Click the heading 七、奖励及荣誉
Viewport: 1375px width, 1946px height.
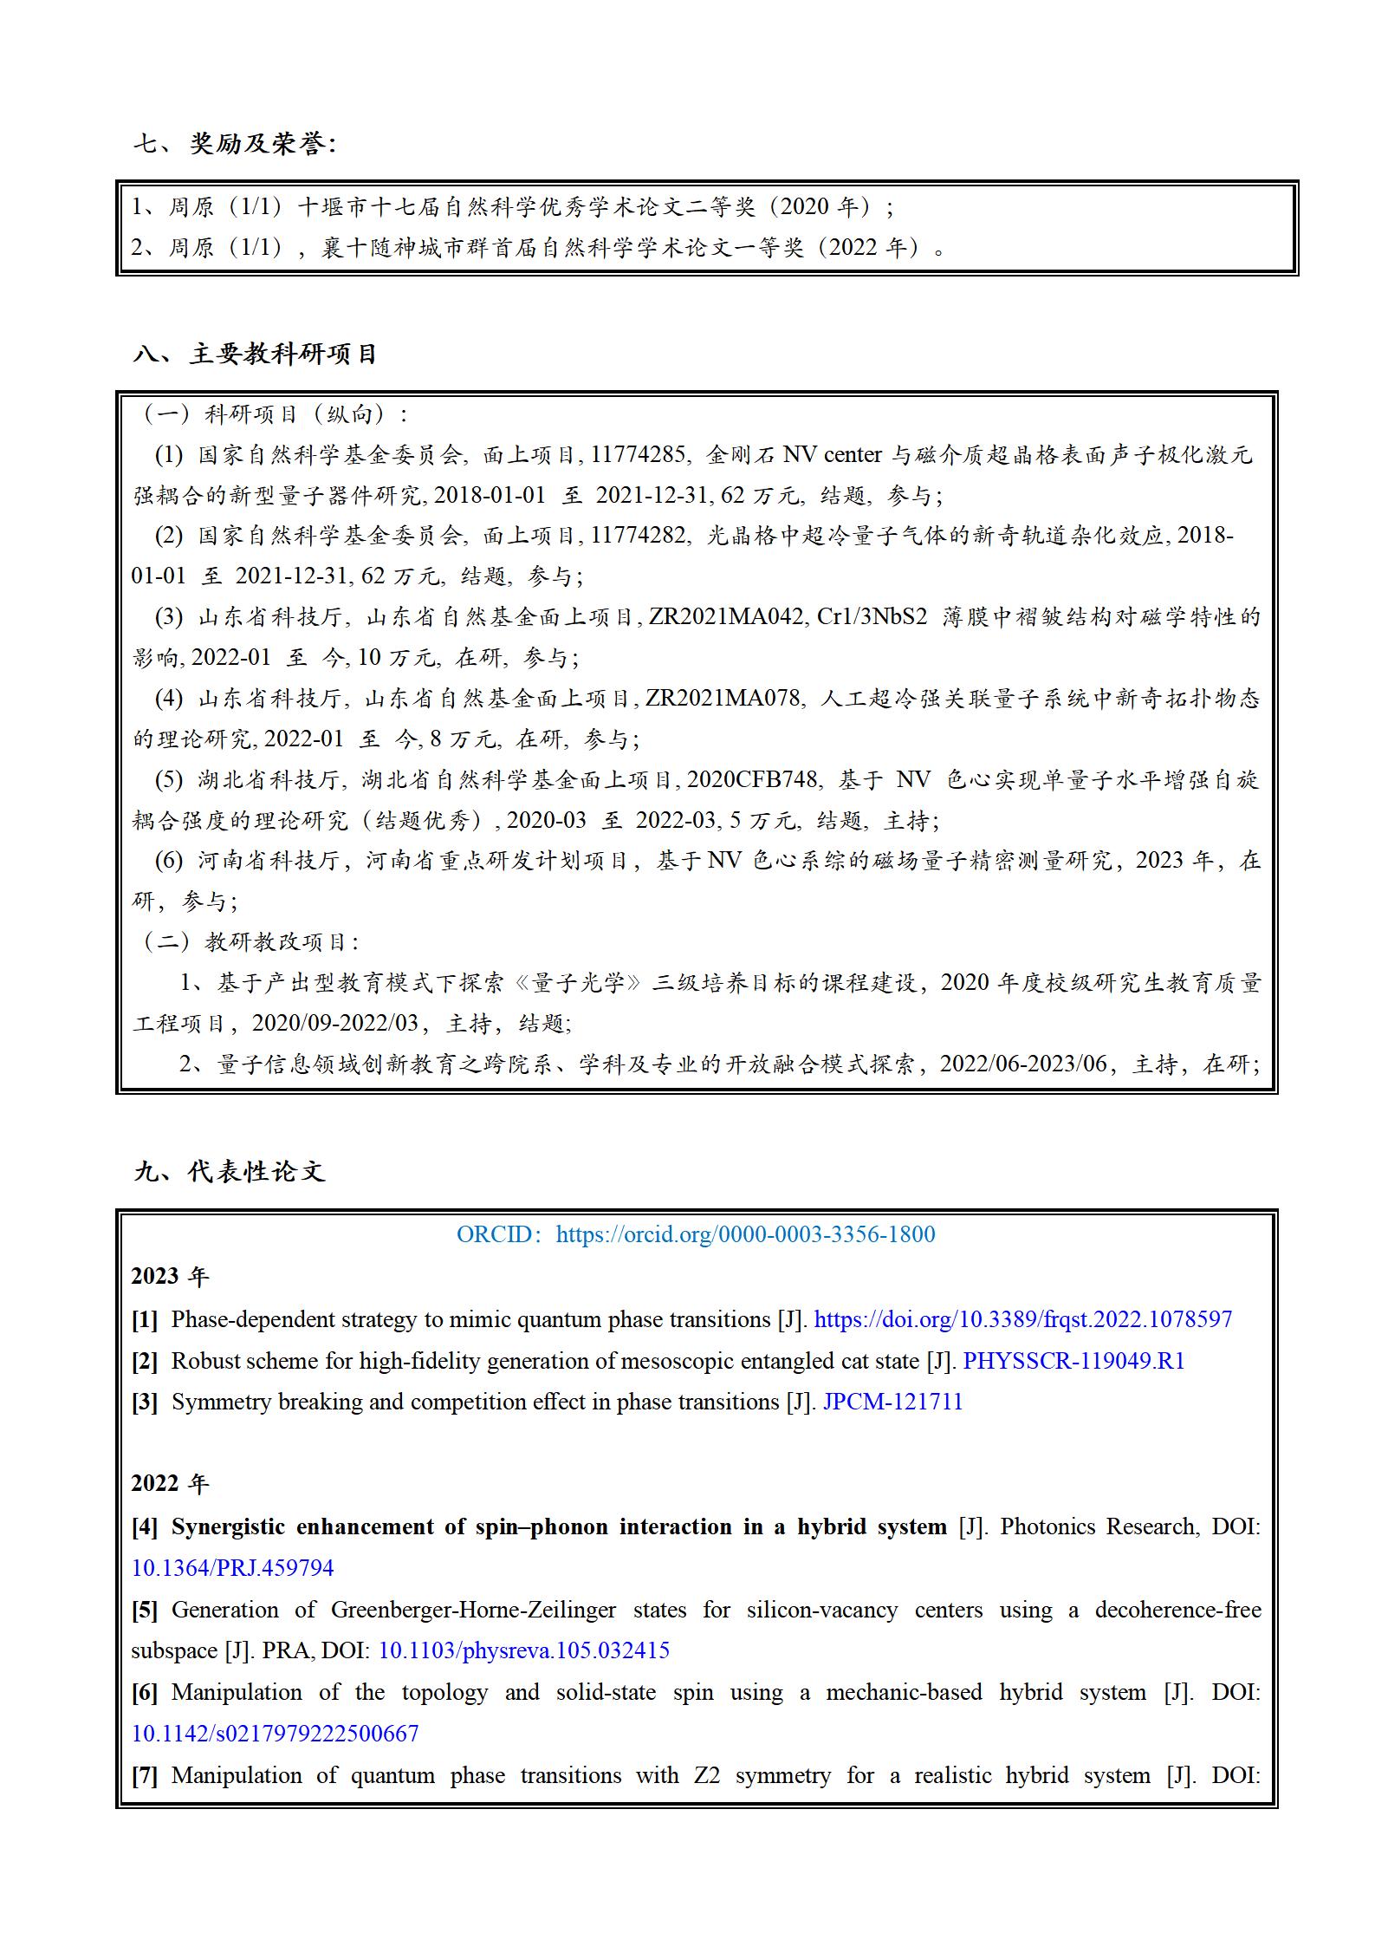234,143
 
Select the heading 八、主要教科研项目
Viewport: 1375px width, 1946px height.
256,354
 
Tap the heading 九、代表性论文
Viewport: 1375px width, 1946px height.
230,1171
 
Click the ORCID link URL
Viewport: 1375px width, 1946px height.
745,1233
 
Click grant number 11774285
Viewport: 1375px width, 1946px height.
639,454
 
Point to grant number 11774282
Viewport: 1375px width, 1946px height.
639,535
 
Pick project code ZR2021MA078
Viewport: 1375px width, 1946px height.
723,698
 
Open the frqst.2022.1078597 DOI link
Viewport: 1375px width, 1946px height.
1022,1318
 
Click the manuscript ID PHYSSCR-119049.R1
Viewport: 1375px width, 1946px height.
1073,1360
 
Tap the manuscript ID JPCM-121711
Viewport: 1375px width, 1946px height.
892,1401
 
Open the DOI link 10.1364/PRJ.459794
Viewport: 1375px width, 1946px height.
232,1567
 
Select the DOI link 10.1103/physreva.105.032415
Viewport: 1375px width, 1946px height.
524,1649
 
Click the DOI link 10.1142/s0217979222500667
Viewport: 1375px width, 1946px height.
275,1733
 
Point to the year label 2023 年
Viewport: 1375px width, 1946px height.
170,1276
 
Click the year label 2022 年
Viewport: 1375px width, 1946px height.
170,1483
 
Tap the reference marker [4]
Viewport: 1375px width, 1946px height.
145,1526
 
